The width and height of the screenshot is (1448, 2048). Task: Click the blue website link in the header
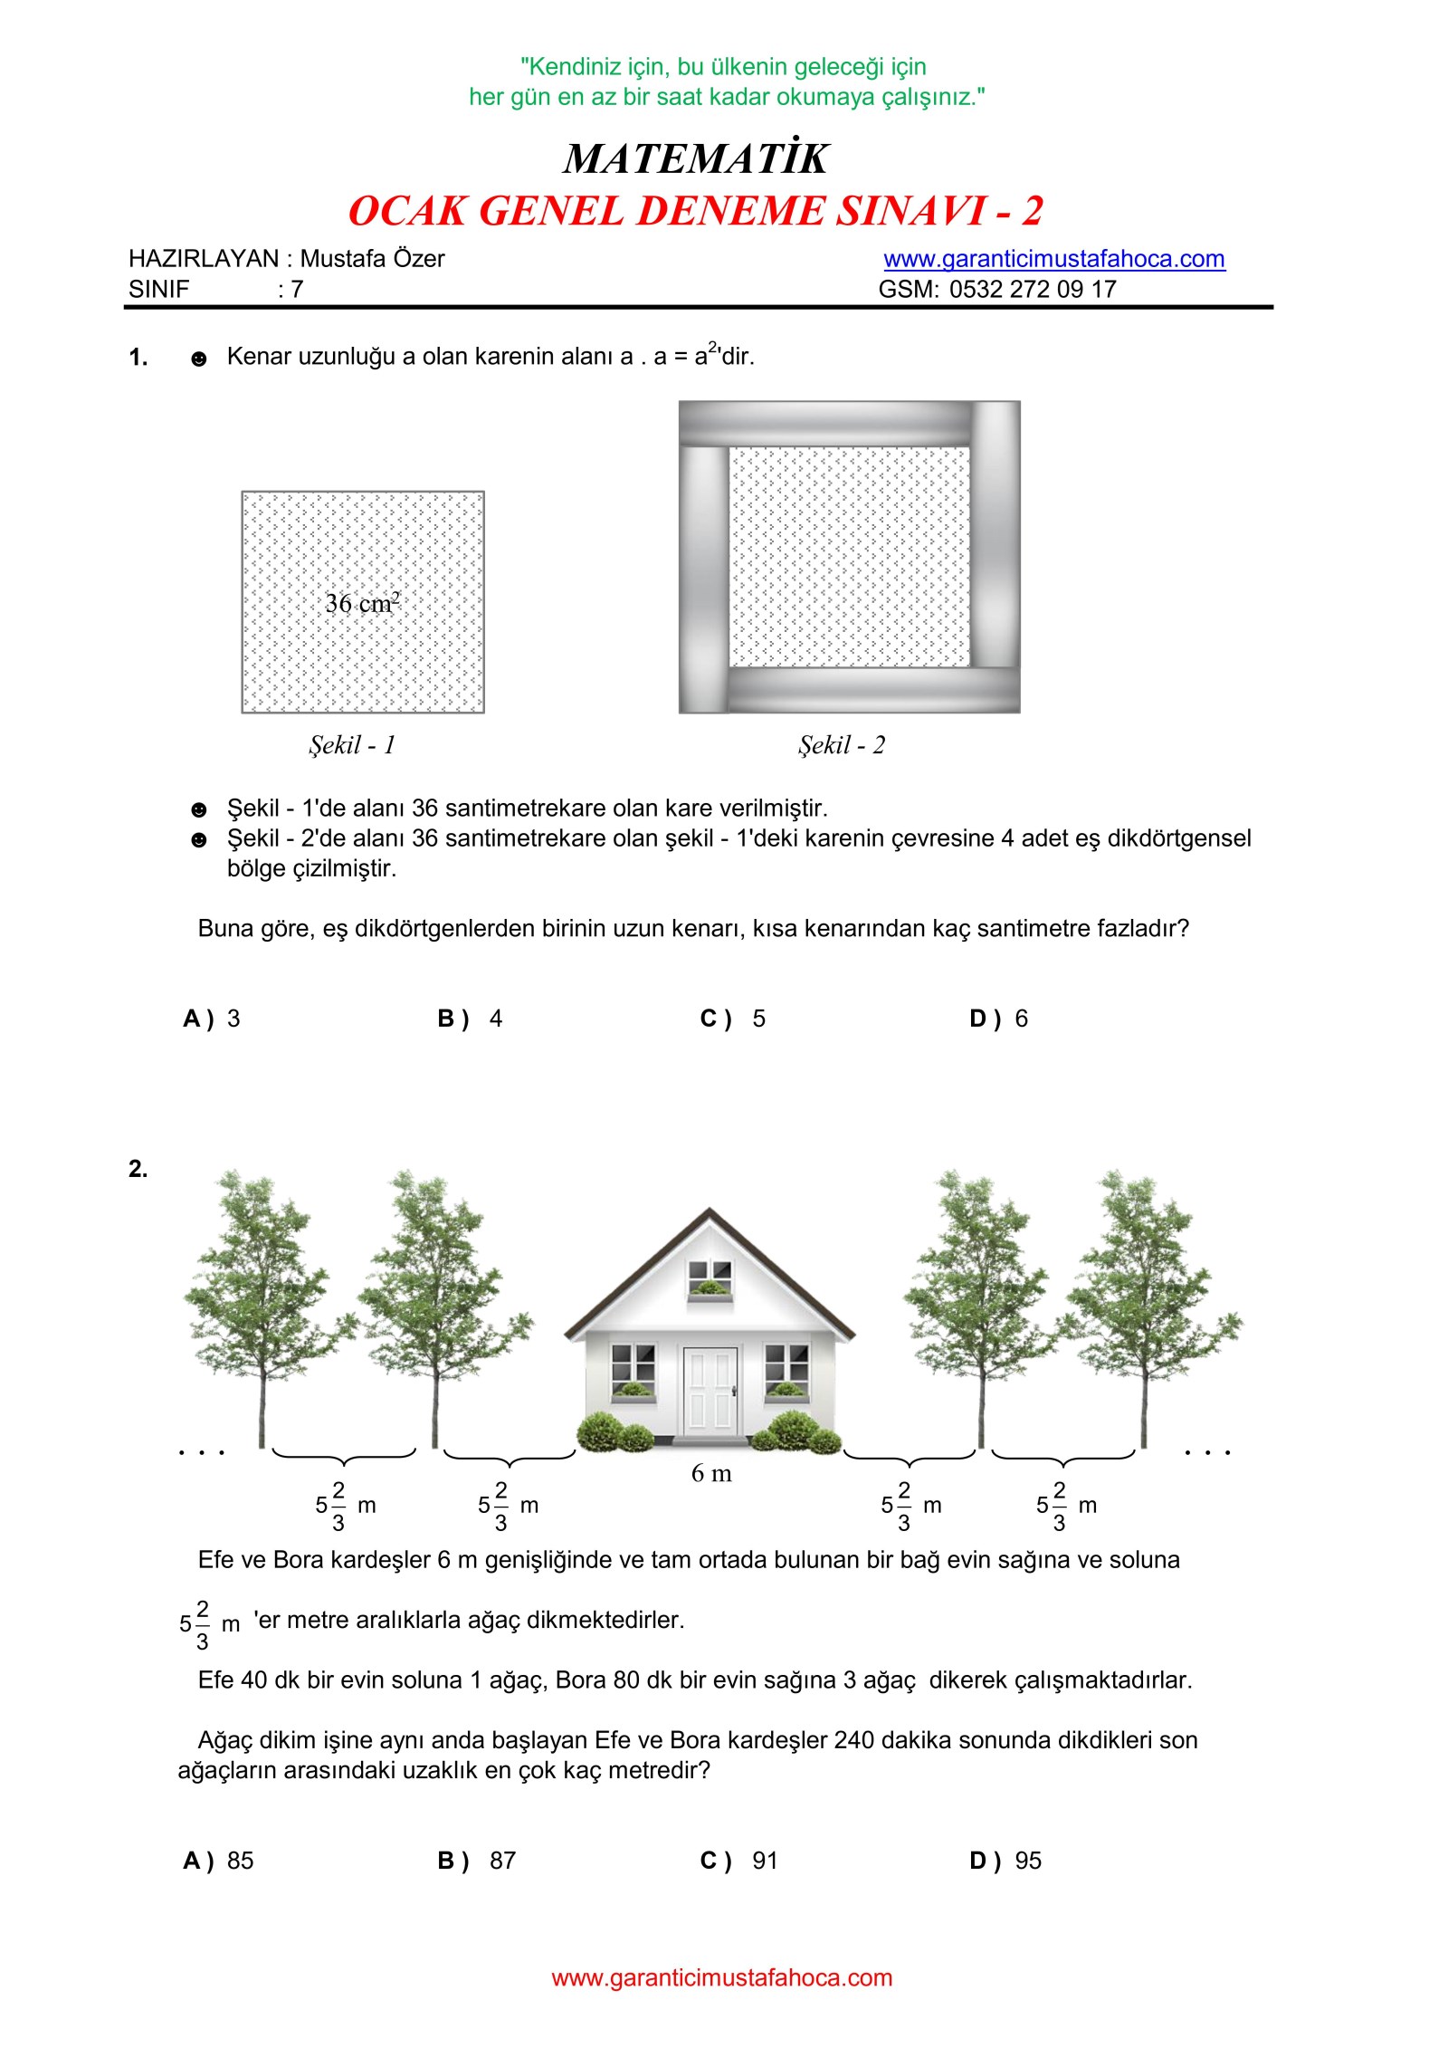1053,259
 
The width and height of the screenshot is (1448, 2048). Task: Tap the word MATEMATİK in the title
695,158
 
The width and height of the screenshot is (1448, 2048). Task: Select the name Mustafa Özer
372,259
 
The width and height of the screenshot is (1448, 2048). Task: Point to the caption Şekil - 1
352,745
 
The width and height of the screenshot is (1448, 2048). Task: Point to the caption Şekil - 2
841,745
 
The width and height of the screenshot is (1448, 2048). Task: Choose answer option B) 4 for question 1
471,1019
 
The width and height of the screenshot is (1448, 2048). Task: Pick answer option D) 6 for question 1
999,1019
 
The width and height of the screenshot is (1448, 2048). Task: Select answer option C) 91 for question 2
739,1879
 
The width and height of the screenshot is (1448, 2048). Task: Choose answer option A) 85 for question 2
218,1879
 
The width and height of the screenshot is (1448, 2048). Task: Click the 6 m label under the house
711,1473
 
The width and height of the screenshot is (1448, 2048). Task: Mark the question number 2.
138,1169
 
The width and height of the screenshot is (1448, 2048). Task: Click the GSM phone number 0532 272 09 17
1033,290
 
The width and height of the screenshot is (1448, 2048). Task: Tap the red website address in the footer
722,1977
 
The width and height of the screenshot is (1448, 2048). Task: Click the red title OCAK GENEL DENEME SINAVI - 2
695,211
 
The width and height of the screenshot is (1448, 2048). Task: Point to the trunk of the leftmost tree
262,1412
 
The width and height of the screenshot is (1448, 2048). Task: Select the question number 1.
138,358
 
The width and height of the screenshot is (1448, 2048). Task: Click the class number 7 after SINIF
297,290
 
